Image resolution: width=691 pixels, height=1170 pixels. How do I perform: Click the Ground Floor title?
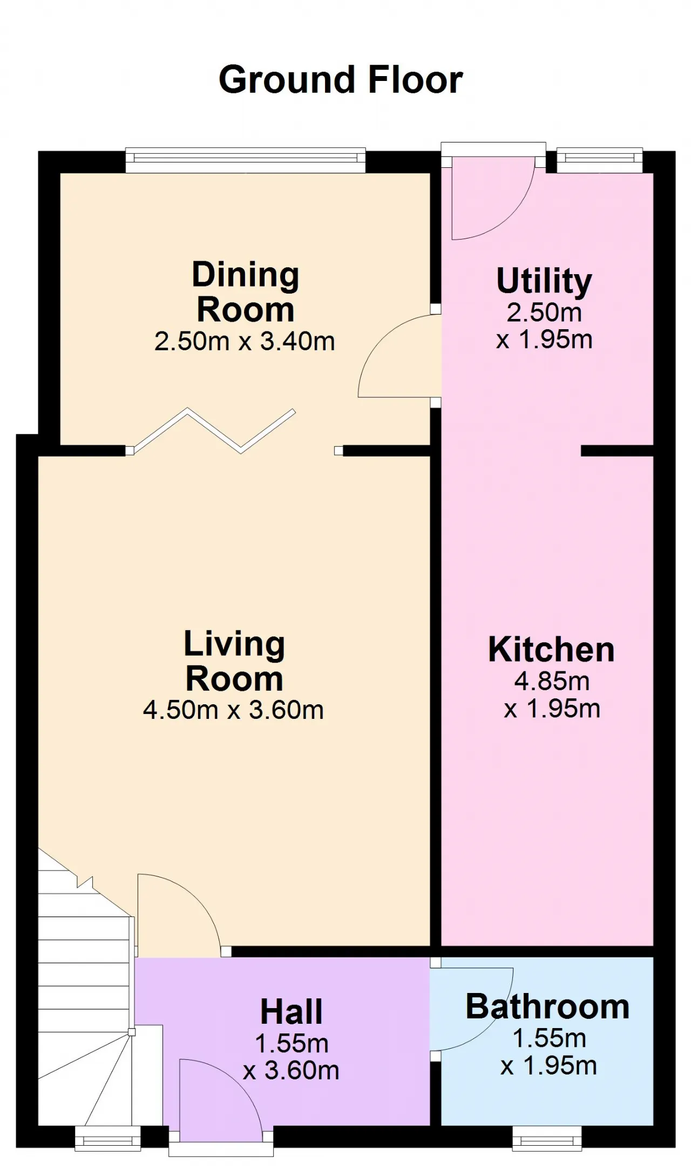pyautogui.click(x=341, y=80)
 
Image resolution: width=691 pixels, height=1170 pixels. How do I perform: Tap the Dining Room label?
pyautogui.click(x=246, y=292)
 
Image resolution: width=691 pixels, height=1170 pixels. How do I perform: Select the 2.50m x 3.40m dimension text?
pyautogui.click(x=245, y=341)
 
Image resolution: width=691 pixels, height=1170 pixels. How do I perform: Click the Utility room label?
pyautogui.click(x=544, y=281)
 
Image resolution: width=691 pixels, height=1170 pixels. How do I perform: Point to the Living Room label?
pyautogui.click(x=234, y=661)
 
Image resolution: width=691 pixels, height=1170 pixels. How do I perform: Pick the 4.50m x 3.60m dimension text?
pyautogui.click(x=233, y=710)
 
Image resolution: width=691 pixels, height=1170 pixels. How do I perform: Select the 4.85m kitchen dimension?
pyautogui.click(x=552, y=681)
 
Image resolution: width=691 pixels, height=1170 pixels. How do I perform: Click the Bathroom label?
pyautogui.click(x=547, y=1006)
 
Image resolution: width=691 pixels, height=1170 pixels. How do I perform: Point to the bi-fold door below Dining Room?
pyautogui.click(x=213, y=430)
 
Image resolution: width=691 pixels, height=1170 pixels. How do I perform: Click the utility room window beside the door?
pyautogui.click(x=600, y=160)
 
